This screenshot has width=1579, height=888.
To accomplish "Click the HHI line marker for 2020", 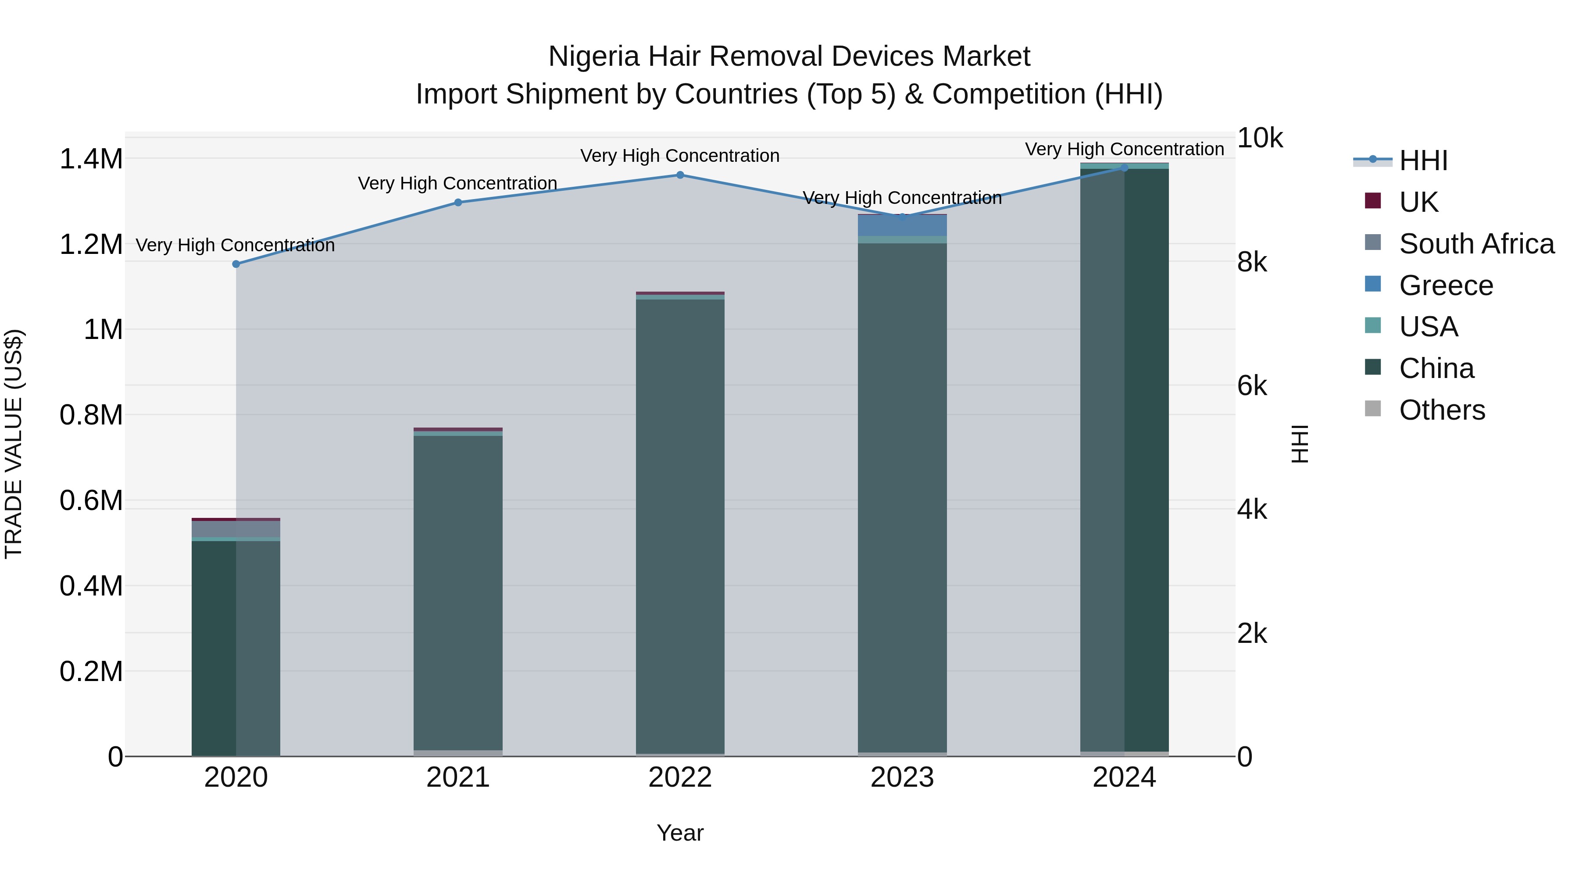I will [236, 264].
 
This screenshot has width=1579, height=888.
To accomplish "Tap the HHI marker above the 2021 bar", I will [458, 202].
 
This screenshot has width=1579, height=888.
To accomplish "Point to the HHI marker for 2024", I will [1124, 168].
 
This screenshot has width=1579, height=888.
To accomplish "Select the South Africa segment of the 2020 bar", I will [236, 529].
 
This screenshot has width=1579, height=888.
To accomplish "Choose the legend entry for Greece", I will [1445, 285].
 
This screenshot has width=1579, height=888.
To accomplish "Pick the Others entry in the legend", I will [1442, 410].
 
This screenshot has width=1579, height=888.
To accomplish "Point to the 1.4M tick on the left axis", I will [91, 159].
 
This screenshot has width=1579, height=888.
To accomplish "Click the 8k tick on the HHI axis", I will [1252, 262].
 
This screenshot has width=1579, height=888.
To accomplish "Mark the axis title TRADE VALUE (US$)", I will [14, 444].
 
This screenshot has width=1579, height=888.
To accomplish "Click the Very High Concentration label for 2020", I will [236, 245].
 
